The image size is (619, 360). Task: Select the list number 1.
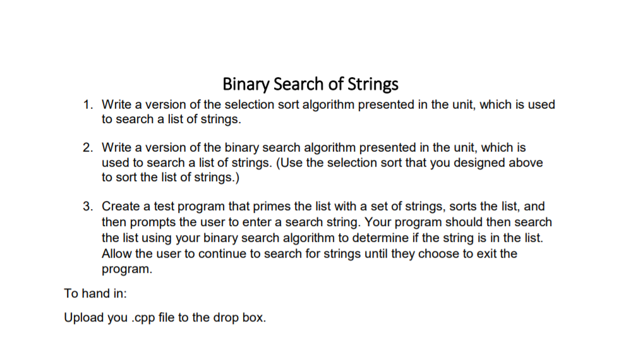point(88,105)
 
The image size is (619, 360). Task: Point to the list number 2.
point(88,148)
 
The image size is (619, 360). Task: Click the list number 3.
point(88,207)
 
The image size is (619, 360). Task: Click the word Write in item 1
point(116,105)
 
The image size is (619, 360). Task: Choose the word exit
point(486,253)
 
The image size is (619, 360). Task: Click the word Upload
point(81,317)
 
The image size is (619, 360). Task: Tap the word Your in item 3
point(378,222)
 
